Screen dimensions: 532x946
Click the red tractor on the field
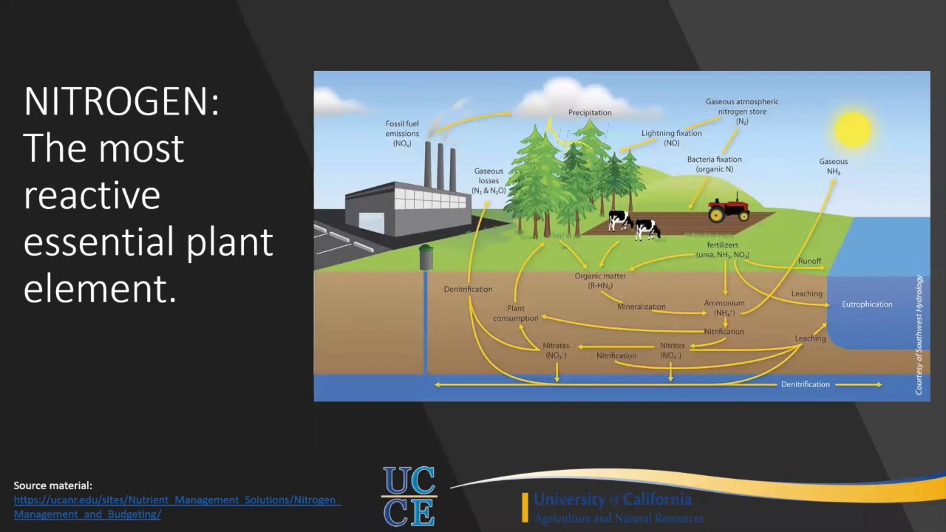[x=729, y=209]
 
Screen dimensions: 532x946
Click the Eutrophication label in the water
[x=867, y=304]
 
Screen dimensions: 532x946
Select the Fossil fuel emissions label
[x=402, y=134]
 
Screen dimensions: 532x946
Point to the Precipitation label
[x=590, y=113]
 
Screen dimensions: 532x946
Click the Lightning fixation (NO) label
[x=671, y=138]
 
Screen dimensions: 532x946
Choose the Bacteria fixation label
[x=714, y=164]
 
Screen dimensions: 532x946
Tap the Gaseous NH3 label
[x=833, y=166]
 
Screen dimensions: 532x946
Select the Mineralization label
[x=641, y=307]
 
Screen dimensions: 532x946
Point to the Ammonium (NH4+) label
[x=724, y=308]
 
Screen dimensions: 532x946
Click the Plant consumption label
[x=516, y=313]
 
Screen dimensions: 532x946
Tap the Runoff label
[x=809, y=262]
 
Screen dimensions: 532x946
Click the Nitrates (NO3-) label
[x=556, y=350]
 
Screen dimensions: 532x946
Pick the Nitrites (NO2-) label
[x=672, y=350]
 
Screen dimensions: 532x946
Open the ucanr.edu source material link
[x=176, y=507]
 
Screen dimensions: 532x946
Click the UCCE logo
[x=409, y=496]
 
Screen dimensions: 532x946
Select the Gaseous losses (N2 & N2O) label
[x=489, y=181]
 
